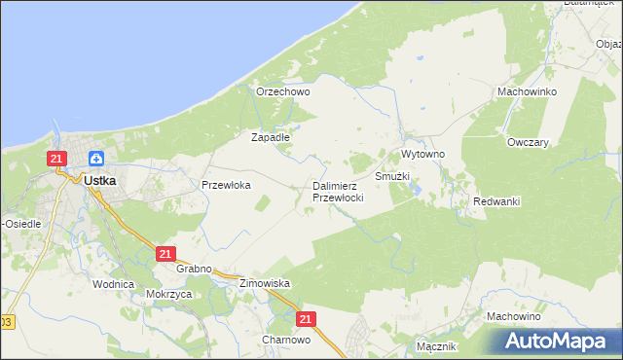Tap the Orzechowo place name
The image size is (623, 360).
pos(282,91)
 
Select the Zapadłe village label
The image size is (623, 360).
pos(271,137)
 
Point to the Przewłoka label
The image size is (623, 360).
pos(226,184)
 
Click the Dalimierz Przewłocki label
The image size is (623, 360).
pos(338,192)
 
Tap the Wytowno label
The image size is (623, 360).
pos(422,155)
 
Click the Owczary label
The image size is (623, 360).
pos(528,141)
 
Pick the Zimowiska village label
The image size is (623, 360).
pos(265,283)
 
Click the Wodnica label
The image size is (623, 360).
pos(112,284)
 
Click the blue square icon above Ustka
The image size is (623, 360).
pos(97,159)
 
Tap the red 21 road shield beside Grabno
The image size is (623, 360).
pos(165,254)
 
